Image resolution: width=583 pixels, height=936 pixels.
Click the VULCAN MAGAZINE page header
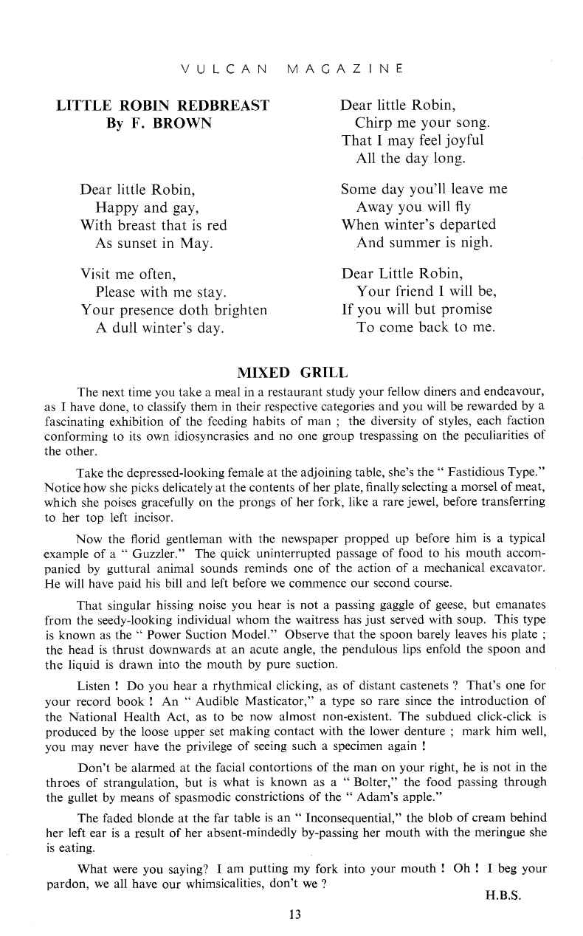(x=291, y=69)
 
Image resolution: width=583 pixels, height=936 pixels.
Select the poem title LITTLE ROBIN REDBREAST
(x=163, y=106)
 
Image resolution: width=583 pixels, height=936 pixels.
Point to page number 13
(x=295, y=915)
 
